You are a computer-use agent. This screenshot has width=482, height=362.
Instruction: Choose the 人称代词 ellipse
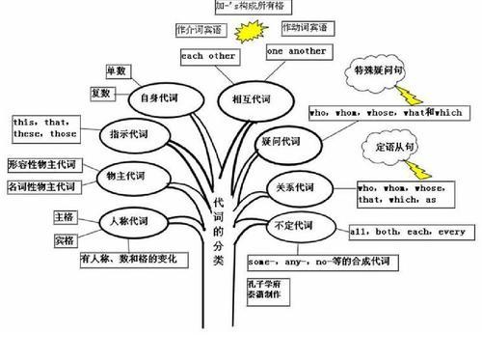pos(127,222)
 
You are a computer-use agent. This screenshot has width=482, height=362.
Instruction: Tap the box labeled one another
pos(296,50)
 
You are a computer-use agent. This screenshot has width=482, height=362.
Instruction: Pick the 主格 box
pos(65,217)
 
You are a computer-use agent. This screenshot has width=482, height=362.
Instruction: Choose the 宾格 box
pos(65,239)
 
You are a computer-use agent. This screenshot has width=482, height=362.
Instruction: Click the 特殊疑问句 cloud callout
pos(377,73)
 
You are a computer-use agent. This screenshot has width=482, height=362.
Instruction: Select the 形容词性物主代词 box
pos(43,164)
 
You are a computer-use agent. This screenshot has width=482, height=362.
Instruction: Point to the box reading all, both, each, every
pos(409,233)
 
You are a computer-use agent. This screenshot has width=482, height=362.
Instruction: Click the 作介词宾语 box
pos(199,30)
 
